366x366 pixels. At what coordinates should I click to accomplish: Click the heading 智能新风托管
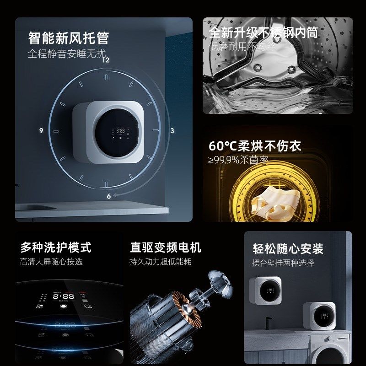point(68,37)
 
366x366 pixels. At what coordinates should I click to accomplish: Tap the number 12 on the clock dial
point(106,59)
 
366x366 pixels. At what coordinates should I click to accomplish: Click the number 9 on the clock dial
point(41,130)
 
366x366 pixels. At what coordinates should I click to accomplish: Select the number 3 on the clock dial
point(172,130)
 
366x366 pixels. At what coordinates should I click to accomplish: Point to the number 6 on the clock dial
point(109,196)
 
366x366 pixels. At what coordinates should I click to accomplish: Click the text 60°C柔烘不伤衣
point(255,146)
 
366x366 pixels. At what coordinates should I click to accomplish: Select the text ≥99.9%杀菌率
point(238,160)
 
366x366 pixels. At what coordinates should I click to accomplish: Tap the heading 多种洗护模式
point(55,248)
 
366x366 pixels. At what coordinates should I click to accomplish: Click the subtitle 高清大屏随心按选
point(51,262)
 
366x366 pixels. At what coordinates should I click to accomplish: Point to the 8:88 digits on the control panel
point(63,296)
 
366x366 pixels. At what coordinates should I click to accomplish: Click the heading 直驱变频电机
point(165,248)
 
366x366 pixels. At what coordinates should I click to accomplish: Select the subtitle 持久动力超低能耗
point(160,262)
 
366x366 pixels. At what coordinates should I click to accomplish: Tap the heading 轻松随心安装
point(288,248)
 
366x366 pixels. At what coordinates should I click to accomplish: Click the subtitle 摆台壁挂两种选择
point(283,263)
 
